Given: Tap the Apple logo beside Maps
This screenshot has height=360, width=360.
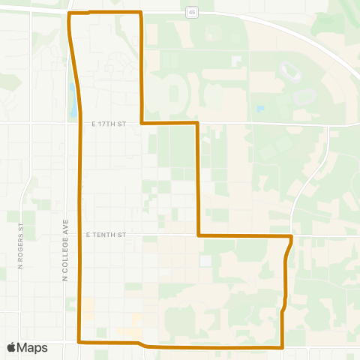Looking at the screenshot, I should [11, 347].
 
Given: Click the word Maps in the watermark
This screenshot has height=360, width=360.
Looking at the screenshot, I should [33, 347].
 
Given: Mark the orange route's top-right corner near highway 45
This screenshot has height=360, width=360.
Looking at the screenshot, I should [141, 13].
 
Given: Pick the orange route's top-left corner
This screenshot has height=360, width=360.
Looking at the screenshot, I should [70, 13].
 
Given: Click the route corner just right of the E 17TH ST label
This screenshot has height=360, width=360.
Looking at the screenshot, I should [142, 122].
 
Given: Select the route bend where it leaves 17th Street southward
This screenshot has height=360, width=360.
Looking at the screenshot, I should [197, 122].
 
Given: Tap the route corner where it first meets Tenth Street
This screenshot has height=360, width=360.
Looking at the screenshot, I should [198, 235].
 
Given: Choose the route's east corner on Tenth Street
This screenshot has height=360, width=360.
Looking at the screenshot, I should [291, 236].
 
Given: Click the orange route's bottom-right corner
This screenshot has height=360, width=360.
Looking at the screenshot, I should [281, 347].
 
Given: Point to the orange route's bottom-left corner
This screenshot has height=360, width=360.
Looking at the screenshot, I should [79, 341].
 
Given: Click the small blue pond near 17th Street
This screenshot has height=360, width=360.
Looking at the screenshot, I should [259, 109].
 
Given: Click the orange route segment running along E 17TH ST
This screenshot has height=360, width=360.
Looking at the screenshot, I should [169, 122].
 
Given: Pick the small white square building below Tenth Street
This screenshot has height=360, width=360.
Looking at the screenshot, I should [205, 260].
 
